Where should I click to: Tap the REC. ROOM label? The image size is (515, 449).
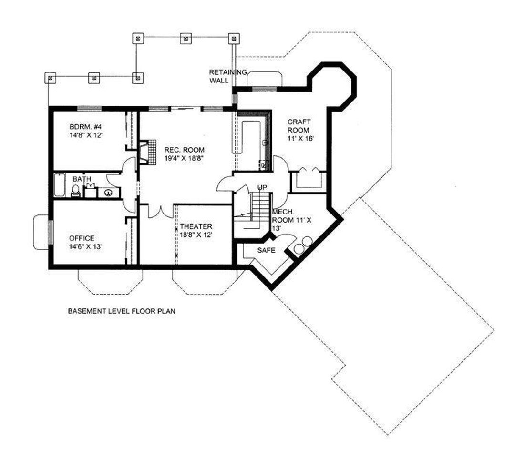click(184, 150)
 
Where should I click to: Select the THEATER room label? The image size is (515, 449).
click(196, 226)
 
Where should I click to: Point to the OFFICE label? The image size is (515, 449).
click(82, 238)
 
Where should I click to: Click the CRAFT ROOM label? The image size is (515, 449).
click(299, 126)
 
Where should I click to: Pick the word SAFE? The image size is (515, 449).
click(266, 250)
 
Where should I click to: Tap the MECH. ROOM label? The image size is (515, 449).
click(291, 216)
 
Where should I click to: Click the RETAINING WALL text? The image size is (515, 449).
click(227, 76)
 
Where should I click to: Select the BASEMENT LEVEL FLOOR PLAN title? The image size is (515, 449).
click(122, 311)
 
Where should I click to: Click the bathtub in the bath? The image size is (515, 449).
click(60, 185)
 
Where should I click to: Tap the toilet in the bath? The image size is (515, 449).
click(76, 191)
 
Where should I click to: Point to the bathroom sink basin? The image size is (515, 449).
click(108, 193)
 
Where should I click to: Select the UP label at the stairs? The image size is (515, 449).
click(262, 187)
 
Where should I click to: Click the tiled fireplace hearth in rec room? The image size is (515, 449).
click(152, 151)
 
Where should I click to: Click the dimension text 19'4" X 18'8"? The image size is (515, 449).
click(185, 158)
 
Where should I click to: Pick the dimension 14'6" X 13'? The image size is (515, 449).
click(85, 246)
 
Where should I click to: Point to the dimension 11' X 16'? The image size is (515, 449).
click(301, 138)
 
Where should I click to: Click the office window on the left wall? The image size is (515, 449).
click(50, 233)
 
